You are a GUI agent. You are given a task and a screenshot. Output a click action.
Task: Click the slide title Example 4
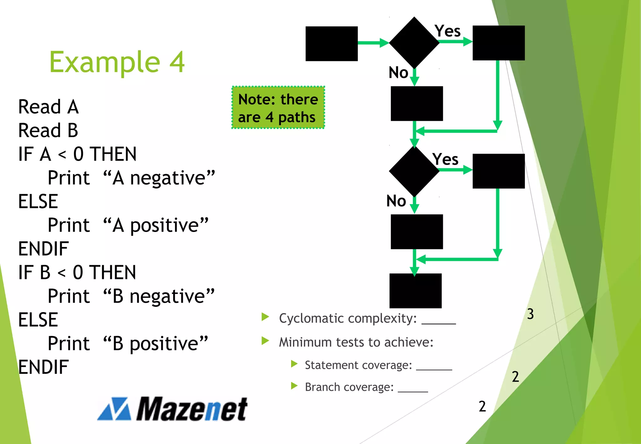pos(117,62)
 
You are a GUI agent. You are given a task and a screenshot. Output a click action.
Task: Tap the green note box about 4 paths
pos(278,108)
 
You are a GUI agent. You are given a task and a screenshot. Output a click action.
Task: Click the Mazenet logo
pos(172,409)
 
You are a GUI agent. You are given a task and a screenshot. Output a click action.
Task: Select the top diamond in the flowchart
pos(414,43)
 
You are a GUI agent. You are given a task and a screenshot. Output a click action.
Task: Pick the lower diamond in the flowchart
pos(414,171)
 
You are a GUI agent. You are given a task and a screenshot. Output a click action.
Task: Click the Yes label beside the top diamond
pos(448,31)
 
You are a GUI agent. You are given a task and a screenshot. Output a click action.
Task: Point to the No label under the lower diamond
pos(396,201)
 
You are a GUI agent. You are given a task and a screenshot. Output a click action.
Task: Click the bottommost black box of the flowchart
pos(415,291)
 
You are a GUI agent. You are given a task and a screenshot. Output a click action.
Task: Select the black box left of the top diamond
pos(331,44)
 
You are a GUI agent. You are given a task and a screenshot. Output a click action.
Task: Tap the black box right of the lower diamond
pos(498,171)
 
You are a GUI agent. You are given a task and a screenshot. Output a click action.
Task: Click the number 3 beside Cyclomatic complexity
pos(530,314)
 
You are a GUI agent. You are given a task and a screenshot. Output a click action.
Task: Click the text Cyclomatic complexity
pos(347,318)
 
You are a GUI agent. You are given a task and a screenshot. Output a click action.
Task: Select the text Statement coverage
pos(358,365)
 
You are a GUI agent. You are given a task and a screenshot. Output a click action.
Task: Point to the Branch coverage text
pos(349,387)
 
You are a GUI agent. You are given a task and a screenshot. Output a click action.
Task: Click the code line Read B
pos(48,131)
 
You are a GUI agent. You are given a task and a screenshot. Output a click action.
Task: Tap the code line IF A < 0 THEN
pos(77,154)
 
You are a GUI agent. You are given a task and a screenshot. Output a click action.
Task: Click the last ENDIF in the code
pos(44,367)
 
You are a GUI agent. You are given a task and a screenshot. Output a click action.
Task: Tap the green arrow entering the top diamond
pos(373,43)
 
